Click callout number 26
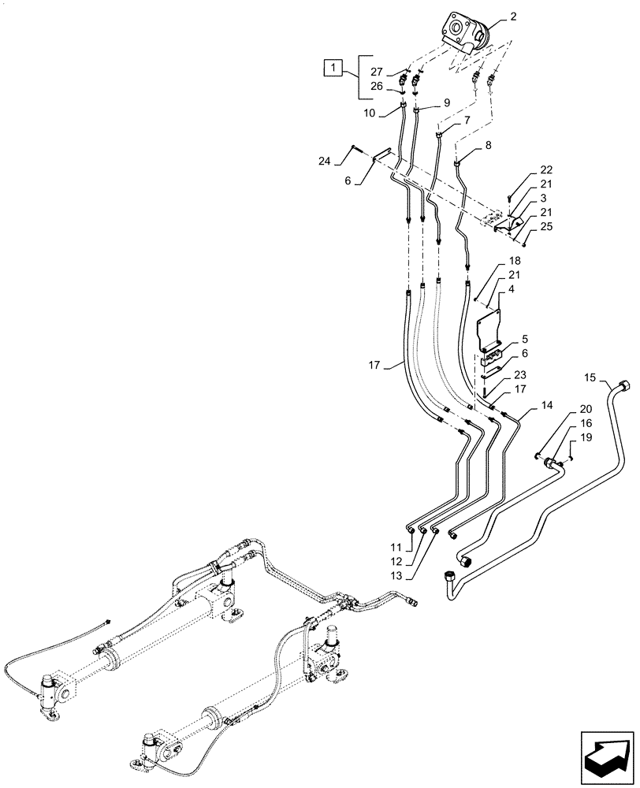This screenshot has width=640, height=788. tap(378, 87)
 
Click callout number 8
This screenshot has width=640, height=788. tap(488, 145)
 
